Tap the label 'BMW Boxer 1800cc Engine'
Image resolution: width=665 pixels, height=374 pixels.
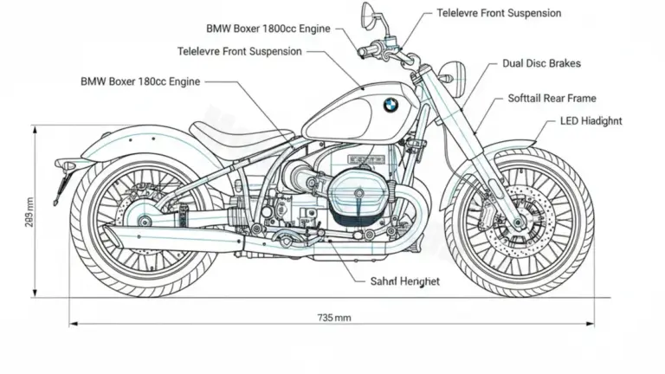pyautogui.click(x=268, y=28)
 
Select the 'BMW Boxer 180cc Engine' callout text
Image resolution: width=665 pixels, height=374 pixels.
pyautogui.click(x=140, y=81)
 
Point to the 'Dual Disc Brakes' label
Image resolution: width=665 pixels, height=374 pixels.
pyautogui.click(x=541, y=63)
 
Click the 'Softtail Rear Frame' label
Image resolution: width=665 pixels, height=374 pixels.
pyautogui.click(x=552, y=99)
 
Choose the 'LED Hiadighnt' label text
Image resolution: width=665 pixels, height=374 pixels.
pyautogui.click(x=591, y=121)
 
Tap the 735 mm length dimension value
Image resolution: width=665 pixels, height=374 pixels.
pyautogui.click(x=334, y=318)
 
